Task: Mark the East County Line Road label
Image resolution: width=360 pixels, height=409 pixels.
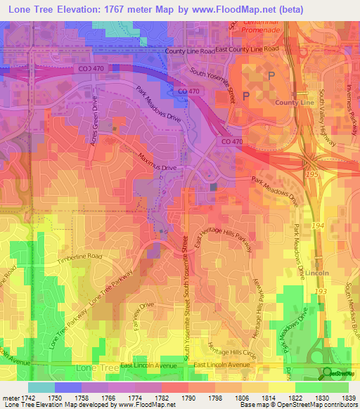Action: [x=247, y=49]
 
